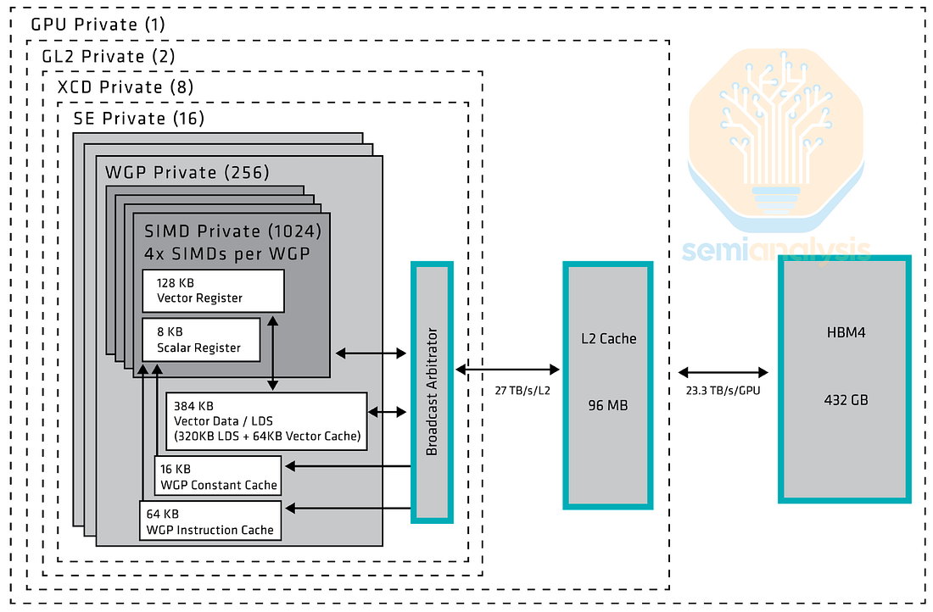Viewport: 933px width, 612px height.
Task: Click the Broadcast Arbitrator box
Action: click(432, 392)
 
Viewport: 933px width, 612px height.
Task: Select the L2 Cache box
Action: click(607, 386)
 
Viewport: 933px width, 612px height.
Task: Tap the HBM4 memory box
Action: click(845, 380)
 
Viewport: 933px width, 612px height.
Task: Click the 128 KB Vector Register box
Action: click(213, 291)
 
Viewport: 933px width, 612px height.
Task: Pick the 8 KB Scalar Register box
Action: click(201, 340)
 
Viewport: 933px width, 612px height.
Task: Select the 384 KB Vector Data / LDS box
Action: click(266, 421)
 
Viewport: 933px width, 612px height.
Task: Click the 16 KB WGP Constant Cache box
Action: click(218, 476)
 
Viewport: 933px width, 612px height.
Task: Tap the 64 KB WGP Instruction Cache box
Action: click(210, 521)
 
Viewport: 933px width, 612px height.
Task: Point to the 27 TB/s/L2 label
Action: click(522, 391)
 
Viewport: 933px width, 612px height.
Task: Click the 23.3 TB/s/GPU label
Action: click(723, 391)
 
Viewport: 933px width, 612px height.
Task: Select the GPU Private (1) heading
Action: click(98, 25)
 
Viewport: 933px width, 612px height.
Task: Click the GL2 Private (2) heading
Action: click(109, 57)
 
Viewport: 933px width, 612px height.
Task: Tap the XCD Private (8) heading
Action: click(125, 87)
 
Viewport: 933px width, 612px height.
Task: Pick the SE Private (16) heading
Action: click(138, 119)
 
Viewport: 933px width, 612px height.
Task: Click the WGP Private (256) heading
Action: click(187, 172)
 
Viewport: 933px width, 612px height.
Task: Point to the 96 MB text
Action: click(607, 406)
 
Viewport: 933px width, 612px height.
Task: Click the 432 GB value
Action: click(846, 400)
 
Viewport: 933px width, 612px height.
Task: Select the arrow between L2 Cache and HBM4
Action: click(723, 373)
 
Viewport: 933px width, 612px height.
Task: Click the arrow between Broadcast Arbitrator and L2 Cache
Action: click(507, 370)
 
